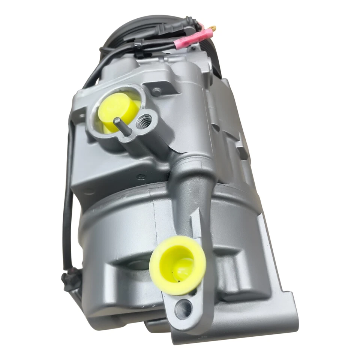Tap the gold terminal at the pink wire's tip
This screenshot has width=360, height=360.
[x=213, y=28]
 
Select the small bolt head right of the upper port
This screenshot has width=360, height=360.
[x=156, y=91]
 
